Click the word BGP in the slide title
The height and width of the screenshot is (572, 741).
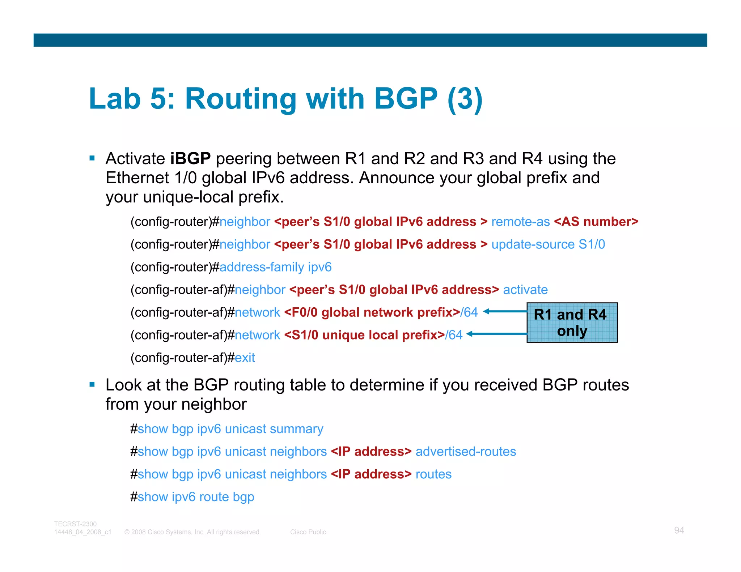405,98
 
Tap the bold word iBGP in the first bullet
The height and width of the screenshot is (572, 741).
190,159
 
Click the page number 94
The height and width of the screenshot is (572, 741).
679,530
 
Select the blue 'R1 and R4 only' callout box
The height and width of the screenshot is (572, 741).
572,323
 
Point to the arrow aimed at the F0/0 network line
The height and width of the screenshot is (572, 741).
505,311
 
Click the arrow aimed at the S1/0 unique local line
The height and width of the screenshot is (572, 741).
496,334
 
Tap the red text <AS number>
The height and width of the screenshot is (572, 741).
596,222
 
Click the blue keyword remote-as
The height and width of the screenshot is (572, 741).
520,222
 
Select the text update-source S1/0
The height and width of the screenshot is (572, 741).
548,244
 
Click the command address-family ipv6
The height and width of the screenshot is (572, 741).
275,267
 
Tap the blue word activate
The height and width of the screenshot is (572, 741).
525,290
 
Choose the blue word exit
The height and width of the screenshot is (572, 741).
245,358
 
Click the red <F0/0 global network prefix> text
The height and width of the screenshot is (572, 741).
372,312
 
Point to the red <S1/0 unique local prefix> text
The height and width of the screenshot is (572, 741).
364,335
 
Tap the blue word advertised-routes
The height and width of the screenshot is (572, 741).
466,452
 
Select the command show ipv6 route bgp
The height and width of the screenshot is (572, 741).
196,497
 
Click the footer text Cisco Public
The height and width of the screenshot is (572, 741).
308,532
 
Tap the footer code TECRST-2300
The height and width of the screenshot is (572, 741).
75,524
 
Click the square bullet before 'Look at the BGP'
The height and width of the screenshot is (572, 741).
92,385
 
